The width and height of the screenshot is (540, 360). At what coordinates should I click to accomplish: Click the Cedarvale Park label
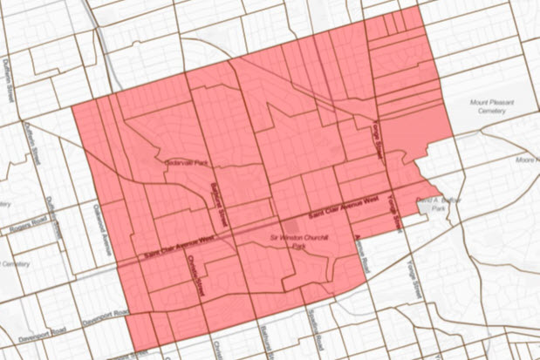point(184,163)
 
